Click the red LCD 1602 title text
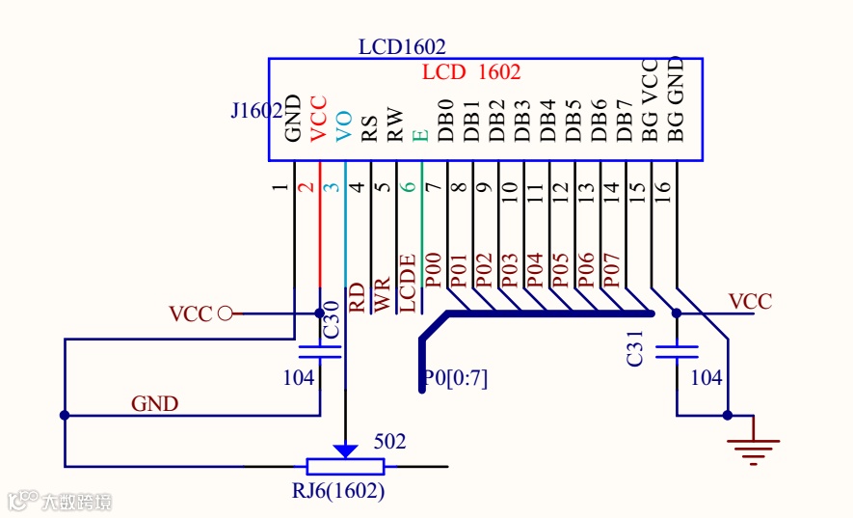tap(471, 72)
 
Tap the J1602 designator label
tap(256, 111)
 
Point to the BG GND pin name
tap(676, 99)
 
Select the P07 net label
tap(610, 270)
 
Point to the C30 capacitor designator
tap(331, 319)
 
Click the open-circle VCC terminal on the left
tap(226, 314)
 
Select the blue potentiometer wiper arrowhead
tap(345, 450)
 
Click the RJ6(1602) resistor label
tap(338, 492)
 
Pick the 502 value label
tap(389, 442)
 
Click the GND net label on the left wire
tap(155, 403)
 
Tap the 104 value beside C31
tap(706, 378)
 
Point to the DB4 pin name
tap(547, 120)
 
